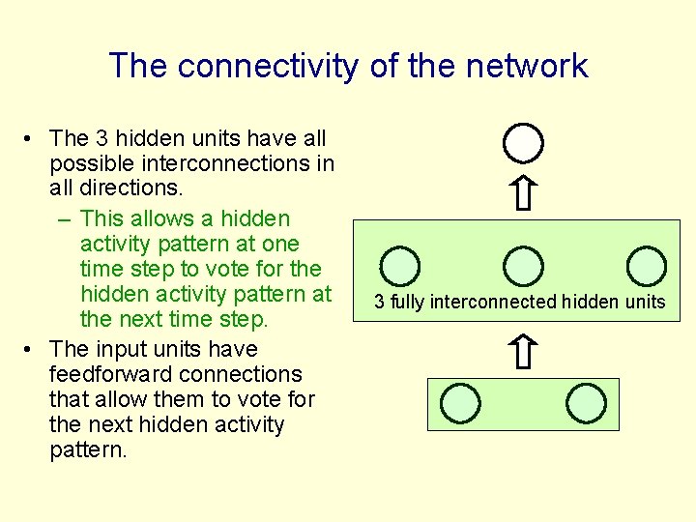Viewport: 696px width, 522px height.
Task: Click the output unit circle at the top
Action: tap(523, 143)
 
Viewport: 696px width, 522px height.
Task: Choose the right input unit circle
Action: tap(585, 402)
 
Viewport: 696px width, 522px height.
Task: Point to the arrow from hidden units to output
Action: tap(523, 192)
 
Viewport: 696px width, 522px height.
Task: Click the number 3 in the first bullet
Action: tap(101, 139)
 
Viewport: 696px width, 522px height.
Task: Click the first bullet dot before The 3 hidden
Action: tap(32, 139)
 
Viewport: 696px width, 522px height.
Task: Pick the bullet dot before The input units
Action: tap(32, 349)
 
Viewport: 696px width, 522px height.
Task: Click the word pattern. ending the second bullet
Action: tap(88, 449)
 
